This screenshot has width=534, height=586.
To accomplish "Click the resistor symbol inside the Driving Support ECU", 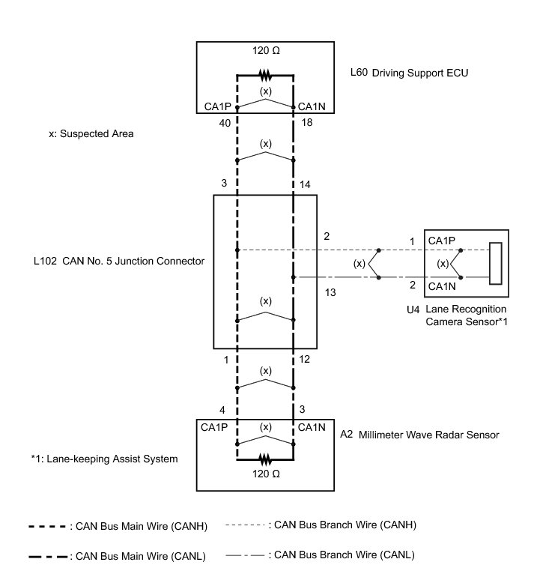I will [264, 75].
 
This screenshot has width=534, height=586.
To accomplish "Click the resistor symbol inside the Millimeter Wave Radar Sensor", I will [264, 457].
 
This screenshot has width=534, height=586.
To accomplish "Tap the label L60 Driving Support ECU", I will [409, 74].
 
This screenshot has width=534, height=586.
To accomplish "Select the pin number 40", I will [222, 122].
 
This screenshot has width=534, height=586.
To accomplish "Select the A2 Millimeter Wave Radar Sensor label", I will [419, 434].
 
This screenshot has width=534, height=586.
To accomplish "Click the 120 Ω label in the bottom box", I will [265, 475].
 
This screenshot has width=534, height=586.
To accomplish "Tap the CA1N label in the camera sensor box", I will [442, 286].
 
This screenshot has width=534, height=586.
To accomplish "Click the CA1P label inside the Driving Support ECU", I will [219, 106].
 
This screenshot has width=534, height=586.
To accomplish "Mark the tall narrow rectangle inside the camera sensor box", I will [495, 264].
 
